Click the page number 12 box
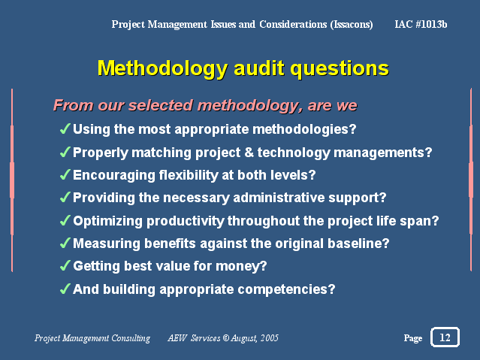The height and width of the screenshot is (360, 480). click(445, 337)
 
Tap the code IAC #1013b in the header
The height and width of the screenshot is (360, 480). click(421, 24)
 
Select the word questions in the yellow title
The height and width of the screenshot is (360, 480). click(340, 68)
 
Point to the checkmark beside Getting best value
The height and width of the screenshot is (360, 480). click(65, 265)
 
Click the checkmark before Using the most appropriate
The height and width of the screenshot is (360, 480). click(65, 129)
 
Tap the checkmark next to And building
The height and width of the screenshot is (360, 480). click(65, 289)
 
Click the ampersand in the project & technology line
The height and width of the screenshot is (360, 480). click(249, 153)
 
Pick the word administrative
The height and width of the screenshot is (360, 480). click(279, 198)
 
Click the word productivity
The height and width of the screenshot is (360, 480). click(186, 221)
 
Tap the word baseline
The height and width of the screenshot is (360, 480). click(358, 244)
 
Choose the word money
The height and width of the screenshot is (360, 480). click(241, 266)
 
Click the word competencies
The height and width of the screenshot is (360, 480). click(286, 289)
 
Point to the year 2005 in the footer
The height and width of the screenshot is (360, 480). click(270, 338)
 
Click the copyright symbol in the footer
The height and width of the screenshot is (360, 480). click(226, 338)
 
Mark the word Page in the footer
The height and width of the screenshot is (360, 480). click(413, 338)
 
